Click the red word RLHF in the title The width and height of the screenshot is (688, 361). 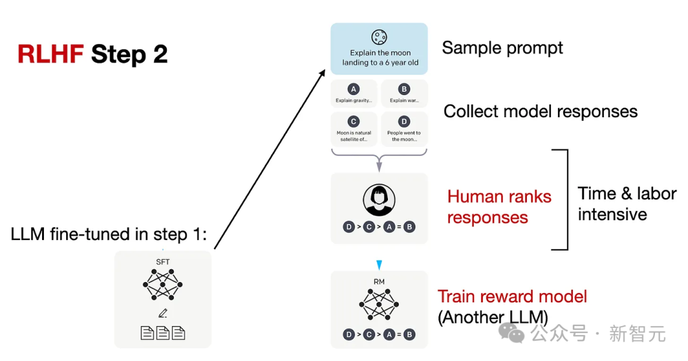coord(50,54)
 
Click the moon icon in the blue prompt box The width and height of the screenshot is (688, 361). coord(379,38)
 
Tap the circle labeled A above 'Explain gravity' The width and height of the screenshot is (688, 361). coord(354,89)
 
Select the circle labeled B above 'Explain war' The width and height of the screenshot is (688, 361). coord(404,89)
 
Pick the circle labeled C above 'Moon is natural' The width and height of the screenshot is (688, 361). coord(354,122)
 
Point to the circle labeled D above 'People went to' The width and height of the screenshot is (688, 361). coord(404,122)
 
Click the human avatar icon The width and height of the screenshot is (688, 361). coord(379,200)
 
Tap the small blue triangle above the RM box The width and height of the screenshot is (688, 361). coord(379,265)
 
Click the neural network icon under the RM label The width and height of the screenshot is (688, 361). coord(379,304)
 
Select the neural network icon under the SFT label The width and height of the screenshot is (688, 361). coord(163,285)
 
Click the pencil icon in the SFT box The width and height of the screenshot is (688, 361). coord(163,313)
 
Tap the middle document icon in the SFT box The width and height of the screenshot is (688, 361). coord(163,333)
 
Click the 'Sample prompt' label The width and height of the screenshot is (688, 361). coord(503,48)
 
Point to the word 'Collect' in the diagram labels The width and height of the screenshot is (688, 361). coord(471,111)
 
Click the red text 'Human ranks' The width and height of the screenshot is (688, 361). coord(499,197)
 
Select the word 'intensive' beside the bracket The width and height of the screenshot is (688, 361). coord(612,215)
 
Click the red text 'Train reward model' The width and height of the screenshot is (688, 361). coord(512,297)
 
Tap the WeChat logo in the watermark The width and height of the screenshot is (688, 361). coord(512,333)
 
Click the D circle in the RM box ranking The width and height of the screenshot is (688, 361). coord(349,335)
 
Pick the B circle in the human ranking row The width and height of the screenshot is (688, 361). coord(410,227)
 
